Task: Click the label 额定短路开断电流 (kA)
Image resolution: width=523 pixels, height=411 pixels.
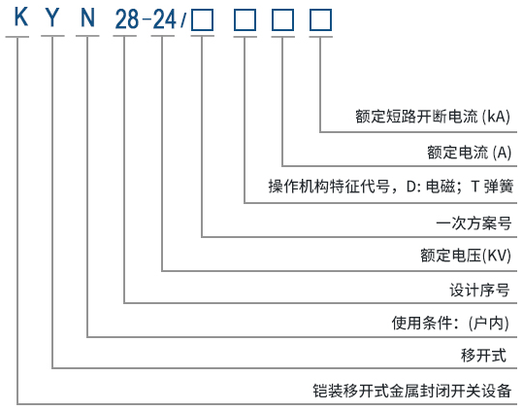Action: tap(433, 118)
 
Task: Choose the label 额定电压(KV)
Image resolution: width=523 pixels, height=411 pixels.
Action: tap(465, 257)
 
